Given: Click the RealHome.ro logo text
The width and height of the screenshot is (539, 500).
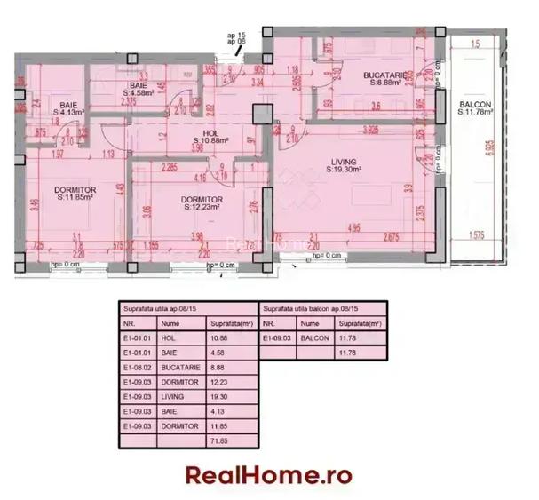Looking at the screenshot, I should pos(269,474).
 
